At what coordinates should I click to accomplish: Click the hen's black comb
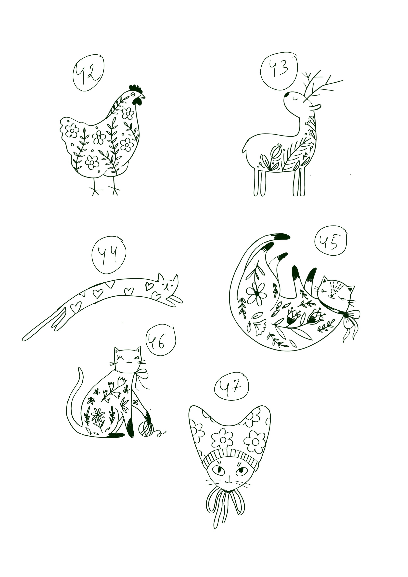pyautogui.click(x=136, y=89)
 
